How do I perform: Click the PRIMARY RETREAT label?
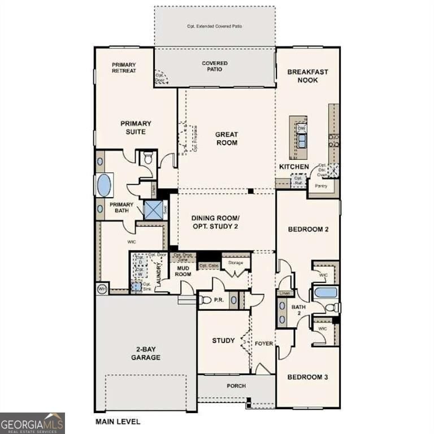tap(123, 68)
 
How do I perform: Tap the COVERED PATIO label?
tap(215, 66)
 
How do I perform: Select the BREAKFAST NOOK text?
tap(307, 76)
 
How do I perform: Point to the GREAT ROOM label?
tap(227, 138)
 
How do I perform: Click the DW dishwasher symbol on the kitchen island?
tap(301, 128)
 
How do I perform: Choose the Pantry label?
tap(321, 185)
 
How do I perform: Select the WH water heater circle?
tap(102, 289)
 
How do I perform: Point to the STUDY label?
tap(223, 340)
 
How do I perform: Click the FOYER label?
tap(263, 342)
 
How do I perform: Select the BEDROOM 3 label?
tap(307, 377)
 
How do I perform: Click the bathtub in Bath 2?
tap(325, 292)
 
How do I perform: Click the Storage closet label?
tap(235, 263)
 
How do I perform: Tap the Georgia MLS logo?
tap(32, 423)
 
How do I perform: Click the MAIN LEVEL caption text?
tap(118, 421)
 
